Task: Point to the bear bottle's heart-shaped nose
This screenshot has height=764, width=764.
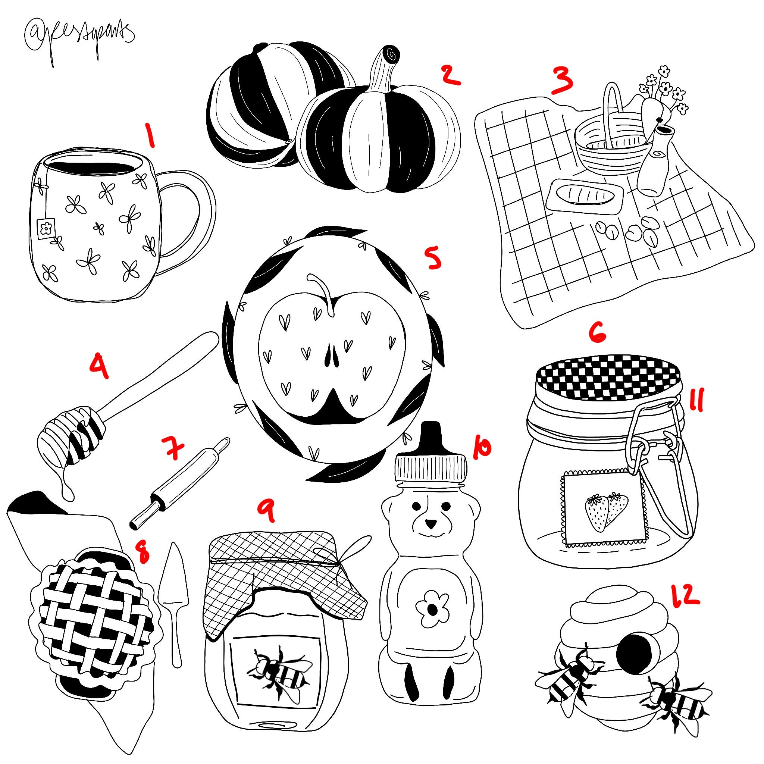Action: pos(430,525)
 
